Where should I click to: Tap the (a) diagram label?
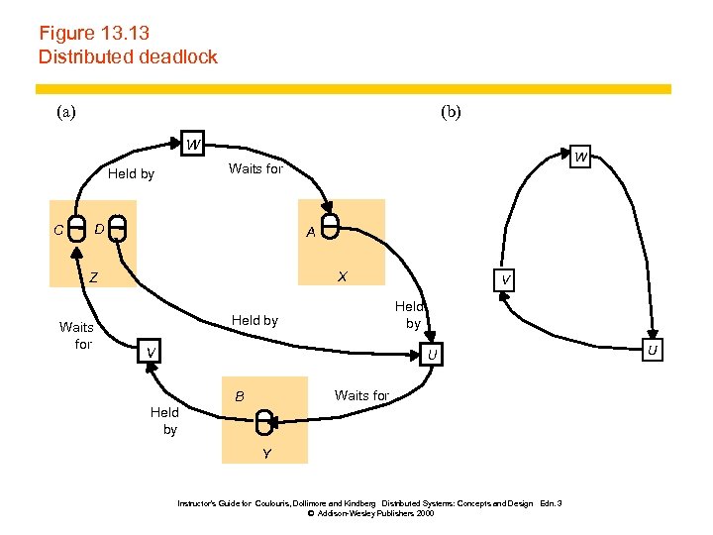coord(65,112)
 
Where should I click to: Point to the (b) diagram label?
coord(451,112)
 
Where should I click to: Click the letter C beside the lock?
coord(58,231)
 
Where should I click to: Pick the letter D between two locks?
coord(99,231)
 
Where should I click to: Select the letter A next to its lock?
coord(311,233)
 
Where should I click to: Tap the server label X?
coord(342,276)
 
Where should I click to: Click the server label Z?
coord(93,278)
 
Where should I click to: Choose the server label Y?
coord(266,454)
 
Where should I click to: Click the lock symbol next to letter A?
coord(332,227)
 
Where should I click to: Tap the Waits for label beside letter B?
coord(361,395)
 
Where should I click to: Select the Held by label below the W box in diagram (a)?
coord(131,174)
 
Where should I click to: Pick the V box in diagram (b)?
coord(505,280)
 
